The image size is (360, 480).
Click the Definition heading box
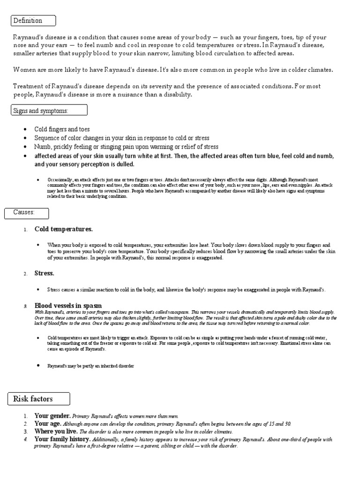coord(33,21)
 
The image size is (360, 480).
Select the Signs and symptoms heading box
coord(49,110)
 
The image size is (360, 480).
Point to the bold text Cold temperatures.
coord(63,229)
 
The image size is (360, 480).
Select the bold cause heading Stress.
coord(45,273)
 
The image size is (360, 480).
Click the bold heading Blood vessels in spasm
coord(68,306)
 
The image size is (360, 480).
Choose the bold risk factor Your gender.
coord(52,416)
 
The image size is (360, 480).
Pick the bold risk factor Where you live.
coord(56,431)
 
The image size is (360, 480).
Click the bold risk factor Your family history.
coord(62,439)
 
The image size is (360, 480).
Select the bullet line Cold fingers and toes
coord(62,129)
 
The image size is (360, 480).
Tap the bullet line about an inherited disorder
coord(90,366)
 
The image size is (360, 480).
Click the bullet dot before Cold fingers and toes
coord(24,129)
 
